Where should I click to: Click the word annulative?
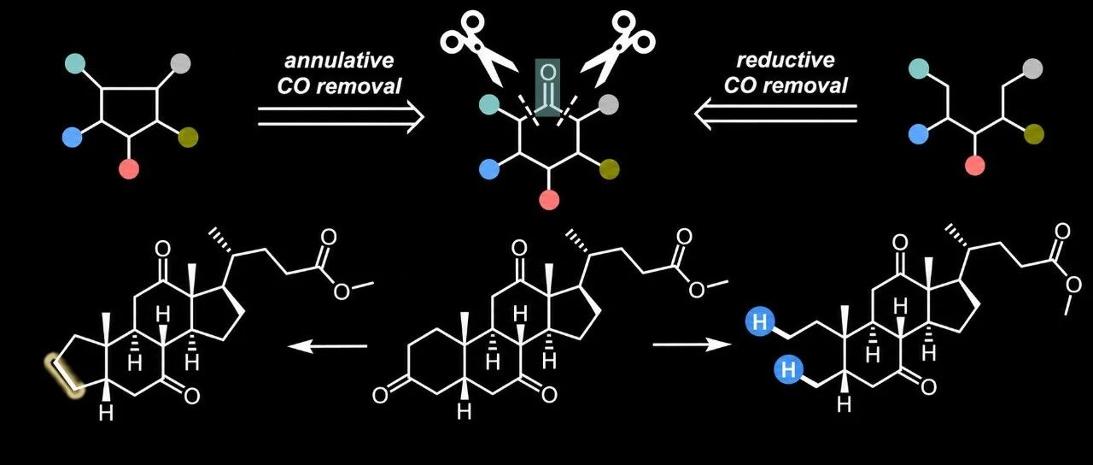[x=339, y=61]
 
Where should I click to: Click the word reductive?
[x=786, y=60]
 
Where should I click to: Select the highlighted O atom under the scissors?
[x=548, y=74]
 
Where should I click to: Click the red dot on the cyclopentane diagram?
[x=129, y=169]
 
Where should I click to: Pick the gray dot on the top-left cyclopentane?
[x=180, y=63]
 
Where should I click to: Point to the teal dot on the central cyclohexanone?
[x=489, y=104]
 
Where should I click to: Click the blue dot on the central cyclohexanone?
[x=489, y=169]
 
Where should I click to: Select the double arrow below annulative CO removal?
[x=341, y=117]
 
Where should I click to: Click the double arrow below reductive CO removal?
[x=776, y=114]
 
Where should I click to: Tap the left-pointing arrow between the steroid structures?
[x=327, y=347]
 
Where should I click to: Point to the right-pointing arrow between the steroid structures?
[x=692, y=344]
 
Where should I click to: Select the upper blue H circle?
[x=760, y=322]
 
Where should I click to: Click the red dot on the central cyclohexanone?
[x=549, y=200]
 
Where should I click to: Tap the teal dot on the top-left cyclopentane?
[x=74, y=63]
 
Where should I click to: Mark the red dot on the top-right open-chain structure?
[x=975, y=165]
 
